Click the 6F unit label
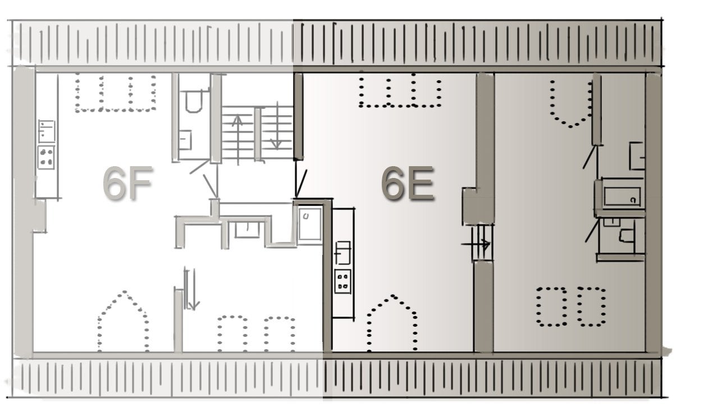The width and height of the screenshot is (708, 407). pos(127,183)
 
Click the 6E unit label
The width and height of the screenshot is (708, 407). pos(408,184)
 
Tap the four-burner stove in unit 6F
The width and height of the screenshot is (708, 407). pos(46,157)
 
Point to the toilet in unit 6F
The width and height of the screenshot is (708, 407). pos(194,101)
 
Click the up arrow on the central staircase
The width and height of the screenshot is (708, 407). pos(237,139)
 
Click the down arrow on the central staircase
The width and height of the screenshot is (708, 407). pos(277,126)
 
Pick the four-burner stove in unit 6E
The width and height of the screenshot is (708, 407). pos(343,281)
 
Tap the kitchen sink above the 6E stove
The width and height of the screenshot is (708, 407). pos(343,253)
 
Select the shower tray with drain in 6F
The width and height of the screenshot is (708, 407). pos(310,224)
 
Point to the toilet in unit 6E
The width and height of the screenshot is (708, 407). pos(627,236)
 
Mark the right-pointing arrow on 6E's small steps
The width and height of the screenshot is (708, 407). pos(476,244)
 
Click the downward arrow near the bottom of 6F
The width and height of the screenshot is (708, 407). pos(193,289)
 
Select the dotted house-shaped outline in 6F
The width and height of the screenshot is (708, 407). pos(124,321)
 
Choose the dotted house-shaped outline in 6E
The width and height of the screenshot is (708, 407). pos(392,323)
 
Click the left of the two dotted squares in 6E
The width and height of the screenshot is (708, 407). pos(551,307)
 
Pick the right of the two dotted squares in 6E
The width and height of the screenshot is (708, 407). pos(591,307)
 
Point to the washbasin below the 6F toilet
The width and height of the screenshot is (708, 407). pos(185,140)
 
